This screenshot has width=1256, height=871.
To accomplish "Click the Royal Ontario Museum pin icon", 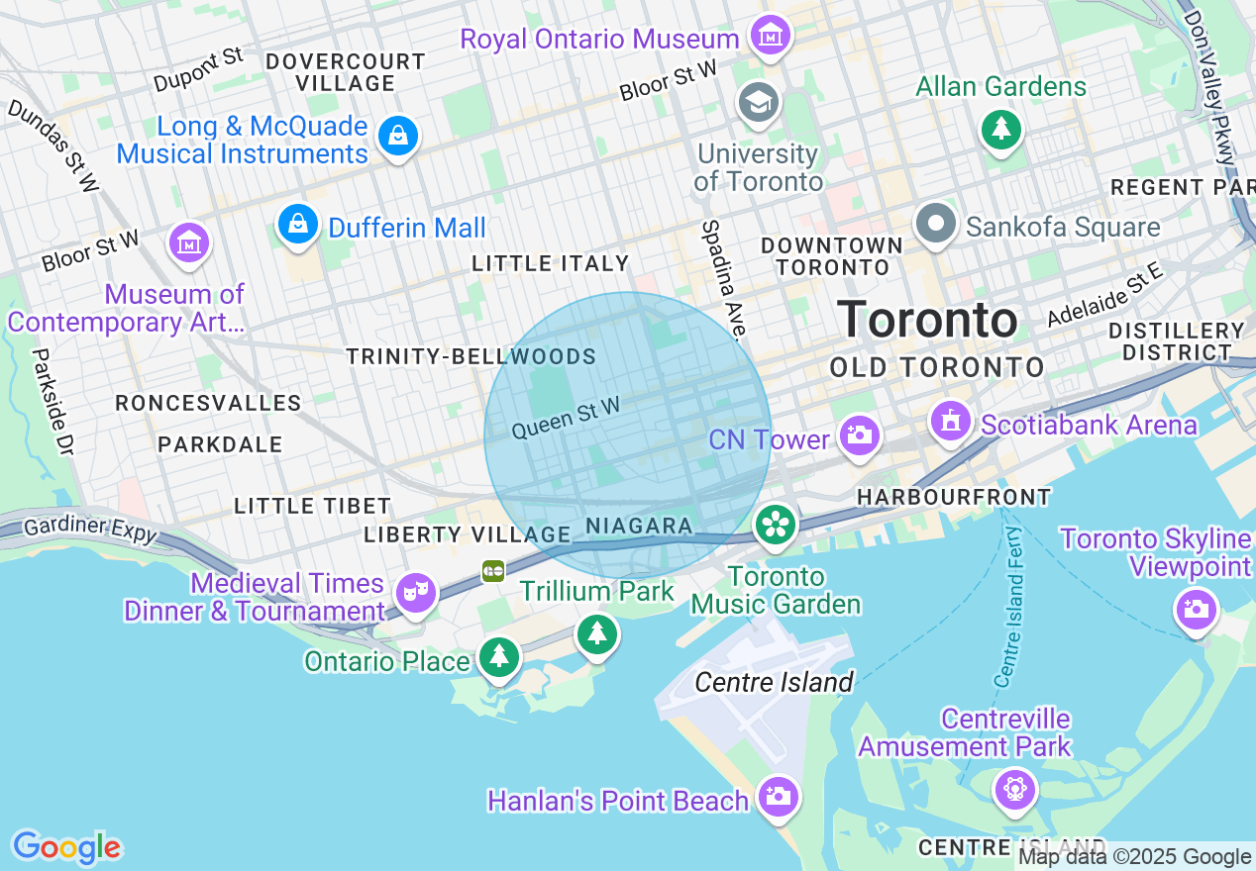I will (770, 37).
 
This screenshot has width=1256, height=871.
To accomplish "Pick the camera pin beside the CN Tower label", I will (858, 435).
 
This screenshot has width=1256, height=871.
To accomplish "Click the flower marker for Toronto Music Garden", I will (776, 525).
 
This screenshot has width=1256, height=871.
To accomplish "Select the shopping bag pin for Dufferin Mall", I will (297, 225).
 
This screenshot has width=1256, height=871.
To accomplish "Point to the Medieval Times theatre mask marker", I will (415, 593).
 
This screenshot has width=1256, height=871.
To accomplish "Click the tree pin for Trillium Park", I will (596, 633).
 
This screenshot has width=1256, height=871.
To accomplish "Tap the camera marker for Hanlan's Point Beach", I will (778, 796).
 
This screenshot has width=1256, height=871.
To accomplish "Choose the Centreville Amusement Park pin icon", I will (1015, 790).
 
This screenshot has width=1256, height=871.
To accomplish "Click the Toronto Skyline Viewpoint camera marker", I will (1196, 609).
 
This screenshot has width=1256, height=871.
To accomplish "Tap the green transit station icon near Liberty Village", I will (493, 571).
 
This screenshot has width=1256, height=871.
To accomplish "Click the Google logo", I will (66, 847).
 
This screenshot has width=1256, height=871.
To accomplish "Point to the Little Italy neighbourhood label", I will (550, 263).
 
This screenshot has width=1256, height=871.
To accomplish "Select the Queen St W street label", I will (566, 418).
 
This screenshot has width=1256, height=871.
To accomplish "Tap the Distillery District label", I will (1176, 341).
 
